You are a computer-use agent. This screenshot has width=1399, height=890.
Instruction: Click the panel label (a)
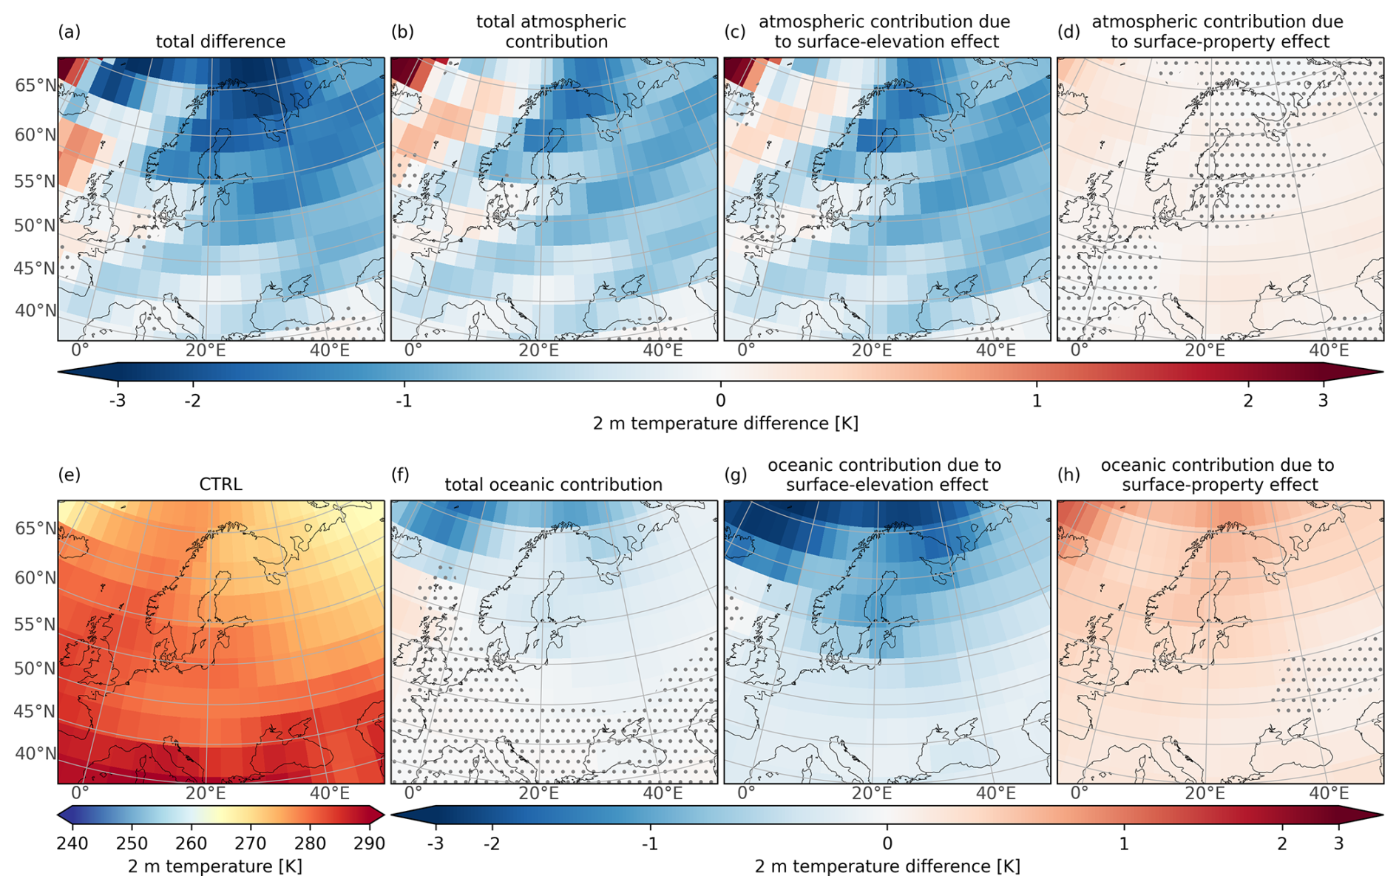[x=69, y=32]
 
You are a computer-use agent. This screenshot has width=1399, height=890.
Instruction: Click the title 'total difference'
[x=220, y=42]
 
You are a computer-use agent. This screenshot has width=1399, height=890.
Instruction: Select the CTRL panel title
[x=220, y=485]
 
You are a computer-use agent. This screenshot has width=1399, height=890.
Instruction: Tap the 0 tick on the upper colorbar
[x=721, y=401]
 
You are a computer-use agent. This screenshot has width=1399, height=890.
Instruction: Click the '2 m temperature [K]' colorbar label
[x=215, y=866]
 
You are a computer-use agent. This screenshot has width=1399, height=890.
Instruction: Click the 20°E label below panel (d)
[x=1205, y=350]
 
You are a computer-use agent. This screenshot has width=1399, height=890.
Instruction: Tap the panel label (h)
[x=1068, y=475]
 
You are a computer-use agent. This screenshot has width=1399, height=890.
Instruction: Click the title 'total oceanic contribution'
[x=553, y=485]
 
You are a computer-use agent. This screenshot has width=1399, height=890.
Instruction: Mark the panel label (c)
[x=735, y=32]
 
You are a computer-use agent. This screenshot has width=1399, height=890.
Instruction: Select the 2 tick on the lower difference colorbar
[x=1282, y=843]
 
